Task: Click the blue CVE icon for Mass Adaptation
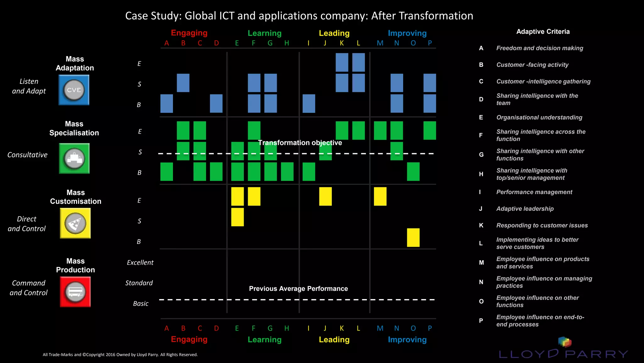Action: pos(74,90)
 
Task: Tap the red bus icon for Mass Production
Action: pos(75,292)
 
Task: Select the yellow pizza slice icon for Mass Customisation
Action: pos(75,223)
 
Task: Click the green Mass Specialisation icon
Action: pos(74,158)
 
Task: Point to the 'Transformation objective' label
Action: pos(300,143)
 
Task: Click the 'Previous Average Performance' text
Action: pos(298,289)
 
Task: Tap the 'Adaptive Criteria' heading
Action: pos(543,32)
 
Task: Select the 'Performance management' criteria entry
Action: pos(534,192)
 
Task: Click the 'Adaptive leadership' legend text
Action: pos(525,209)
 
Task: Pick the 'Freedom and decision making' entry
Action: pos(539,48)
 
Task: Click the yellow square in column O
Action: pos(413,238)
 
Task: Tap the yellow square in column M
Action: pos(380,196)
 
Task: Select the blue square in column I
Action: pos(308,104)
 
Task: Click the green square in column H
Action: pos(287,172)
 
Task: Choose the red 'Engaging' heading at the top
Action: pos(189,33)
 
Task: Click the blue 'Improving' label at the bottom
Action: pos(407,340)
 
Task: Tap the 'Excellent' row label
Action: pos(140,262)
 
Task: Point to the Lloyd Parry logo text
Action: pos(563,354)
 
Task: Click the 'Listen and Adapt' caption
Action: pos(29,86)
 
